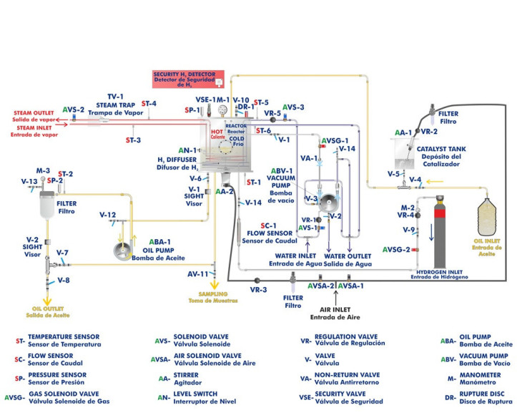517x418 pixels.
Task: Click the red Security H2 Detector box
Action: [x=188, y=77]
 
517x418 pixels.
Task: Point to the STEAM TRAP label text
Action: [x=117, y=103]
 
